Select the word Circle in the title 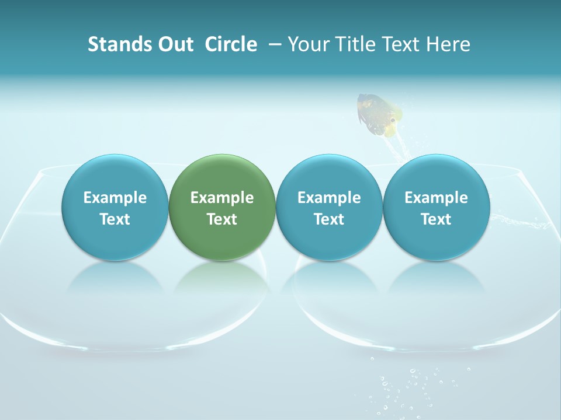pos(231,44)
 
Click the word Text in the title pos(401,44)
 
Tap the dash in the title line pos(273,45)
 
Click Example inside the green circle pos(222,198)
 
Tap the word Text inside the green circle pos(222,219)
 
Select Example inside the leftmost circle pos(115,198)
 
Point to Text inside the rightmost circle pos(436,219)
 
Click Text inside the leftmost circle pos(115,219)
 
